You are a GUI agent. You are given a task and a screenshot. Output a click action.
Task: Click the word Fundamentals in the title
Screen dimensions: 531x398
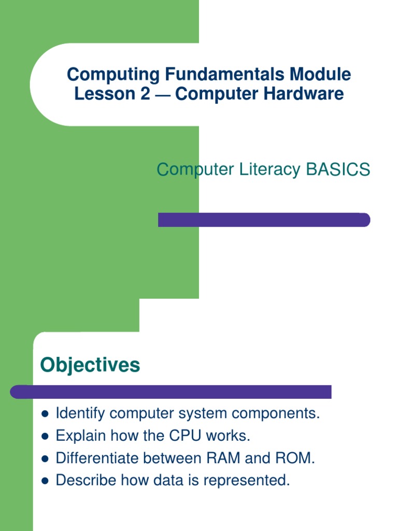click(224, 75)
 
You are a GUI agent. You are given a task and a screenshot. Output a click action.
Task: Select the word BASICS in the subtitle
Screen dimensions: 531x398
click(337, 169)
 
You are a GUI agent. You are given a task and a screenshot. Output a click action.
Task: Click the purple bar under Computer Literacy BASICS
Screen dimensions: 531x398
click(264, 220)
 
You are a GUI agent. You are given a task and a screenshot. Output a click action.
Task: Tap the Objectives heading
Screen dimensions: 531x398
click(90, 365)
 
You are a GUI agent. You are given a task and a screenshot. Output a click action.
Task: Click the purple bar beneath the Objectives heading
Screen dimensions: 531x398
click(171, 392)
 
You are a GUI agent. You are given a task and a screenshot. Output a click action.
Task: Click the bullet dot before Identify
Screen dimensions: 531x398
click(45, 414)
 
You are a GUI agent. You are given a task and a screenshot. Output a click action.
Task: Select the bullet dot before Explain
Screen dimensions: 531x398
click(45, 437)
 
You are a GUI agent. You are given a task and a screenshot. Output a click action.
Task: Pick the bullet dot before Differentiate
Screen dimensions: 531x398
click(45, 459)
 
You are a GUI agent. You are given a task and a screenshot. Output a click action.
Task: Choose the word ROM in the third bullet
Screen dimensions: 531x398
click(294, 458)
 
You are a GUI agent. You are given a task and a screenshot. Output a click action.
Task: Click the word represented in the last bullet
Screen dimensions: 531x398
click(246, 481)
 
